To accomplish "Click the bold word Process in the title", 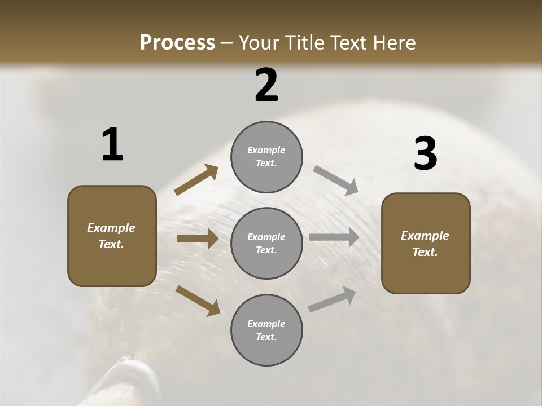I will (x=177, y=43).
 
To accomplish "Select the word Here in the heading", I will (x=394, y=43).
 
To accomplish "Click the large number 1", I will (x=112, y=145).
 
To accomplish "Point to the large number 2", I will (x=266, y=85).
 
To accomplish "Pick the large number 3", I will (x=425, y=154).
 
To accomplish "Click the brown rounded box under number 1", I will (x=112, y=236).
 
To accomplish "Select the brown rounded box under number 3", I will (x=426, y=244).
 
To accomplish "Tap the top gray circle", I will (x=266, y=157).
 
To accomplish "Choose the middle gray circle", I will (x=266, y=244).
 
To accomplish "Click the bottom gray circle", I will (x=266, y=330).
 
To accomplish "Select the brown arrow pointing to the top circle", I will (x=196, y=180).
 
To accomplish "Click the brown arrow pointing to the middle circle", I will (x=198, y=239).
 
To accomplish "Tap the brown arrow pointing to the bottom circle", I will (x=198, y=301).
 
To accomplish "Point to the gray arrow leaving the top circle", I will (x=336, y=180).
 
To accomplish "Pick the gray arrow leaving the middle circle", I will (x=334, y=237).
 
